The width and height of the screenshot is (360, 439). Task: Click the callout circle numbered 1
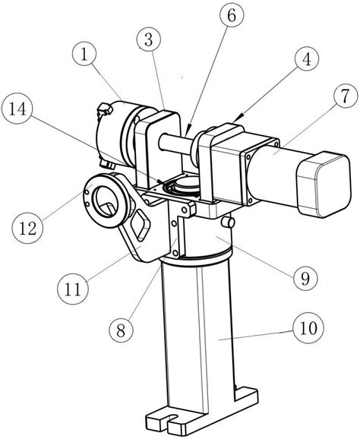coord(84,55)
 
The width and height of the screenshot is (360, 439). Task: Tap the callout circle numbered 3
coord(149,40)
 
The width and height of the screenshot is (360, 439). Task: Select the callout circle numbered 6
coord(232,16)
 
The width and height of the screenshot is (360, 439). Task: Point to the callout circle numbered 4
coord(307,60)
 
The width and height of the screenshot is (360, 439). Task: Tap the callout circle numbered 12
coord(28,229)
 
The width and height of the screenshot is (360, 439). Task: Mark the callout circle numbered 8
coord(121,330)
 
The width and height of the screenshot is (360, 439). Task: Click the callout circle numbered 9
coord(305,277)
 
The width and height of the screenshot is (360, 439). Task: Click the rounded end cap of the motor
coord(324,184)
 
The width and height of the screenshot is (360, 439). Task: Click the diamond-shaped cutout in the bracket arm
coord(141,226)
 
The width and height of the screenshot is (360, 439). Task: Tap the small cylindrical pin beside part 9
coord(228,223)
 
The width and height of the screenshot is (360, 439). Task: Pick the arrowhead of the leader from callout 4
coord(240,115)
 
